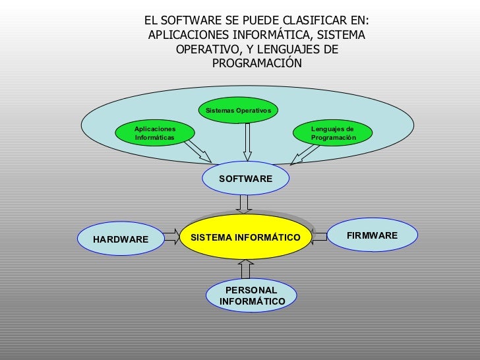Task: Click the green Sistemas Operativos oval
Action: pyautogui.click(x=238, y=110)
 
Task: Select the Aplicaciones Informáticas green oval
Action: pyautogui.click(x=156, y=133)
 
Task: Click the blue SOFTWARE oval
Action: pyautogui.click(x=245, y=179)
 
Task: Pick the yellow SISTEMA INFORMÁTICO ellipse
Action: pyautogui.click(x=245, y=237)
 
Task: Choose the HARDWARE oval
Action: pyautogui.click(x=121, y=239)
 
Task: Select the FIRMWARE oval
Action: pyautogui.click(x=372, y=235)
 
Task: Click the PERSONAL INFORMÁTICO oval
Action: pyautogui.click(x=252, y=296)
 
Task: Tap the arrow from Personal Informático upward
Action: pyautogui.click(x=246, y=269)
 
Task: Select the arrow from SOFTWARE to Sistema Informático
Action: pyautogui.click(x=245, y=204)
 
